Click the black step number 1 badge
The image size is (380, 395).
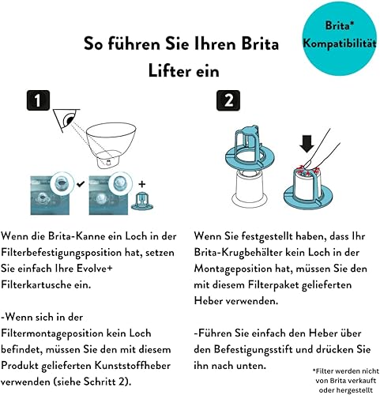point(38,100)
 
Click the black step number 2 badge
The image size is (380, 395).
point(228,100)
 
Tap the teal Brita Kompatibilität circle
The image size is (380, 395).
point(340,38)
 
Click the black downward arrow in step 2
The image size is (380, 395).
point(307,144)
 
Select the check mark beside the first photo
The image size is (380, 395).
point(81,184)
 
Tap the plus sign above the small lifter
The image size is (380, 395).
point(142,184)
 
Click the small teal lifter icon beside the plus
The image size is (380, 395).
point(142,201)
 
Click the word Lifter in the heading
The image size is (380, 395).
point(166,71)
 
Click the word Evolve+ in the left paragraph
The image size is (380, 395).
point(95,269)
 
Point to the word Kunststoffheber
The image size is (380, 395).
point(133,366)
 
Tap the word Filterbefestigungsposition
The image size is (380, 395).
point(62,253)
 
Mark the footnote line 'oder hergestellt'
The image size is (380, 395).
point(346,389)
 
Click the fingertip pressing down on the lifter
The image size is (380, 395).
point(307,165)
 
